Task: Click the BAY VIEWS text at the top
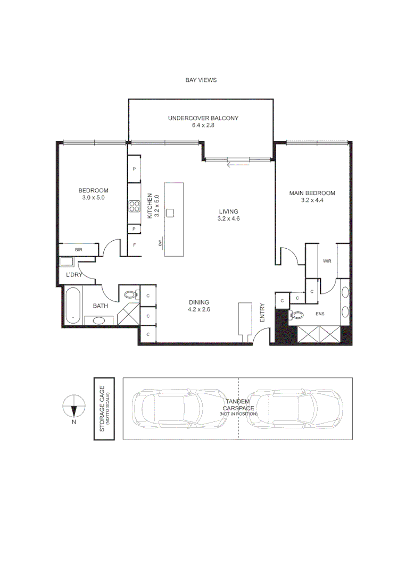201,80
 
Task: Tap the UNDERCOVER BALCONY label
203,118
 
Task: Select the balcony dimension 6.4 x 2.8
203,125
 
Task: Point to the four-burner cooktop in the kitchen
133,207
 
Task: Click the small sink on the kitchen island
170,213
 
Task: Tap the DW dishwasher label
160,243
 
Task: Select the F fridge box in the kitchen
134,245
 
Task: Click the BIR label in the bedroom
78,249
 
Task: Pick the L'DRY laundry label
73,275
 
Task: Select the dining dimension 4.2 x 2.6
198,309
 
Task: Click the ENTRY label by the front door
262,313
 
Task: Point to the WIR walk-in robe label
327,261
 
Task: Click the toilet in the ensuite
296,315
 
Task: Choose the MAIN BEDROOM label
312,193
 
